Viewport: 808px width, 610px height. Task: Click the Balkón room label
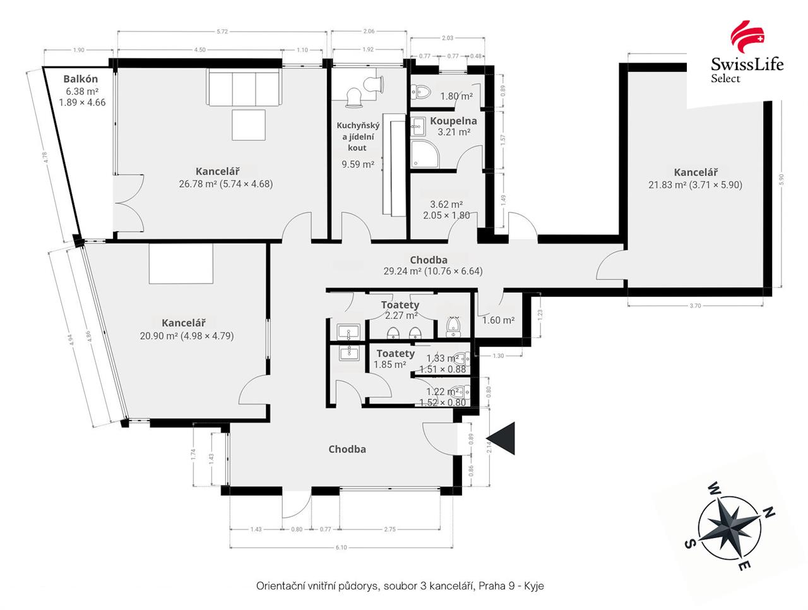click(x=81, y=79)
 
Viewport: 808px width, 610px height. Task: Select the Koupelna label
click(x=453, y=121)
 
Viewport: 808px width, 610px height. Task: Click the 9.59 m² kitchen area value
click(x=358, y=164)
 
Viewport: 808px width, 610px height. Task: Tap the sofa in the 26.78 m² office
click(x=244, y=88)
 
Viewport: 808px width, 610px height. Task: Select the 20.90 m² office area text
click(x=187, y=336)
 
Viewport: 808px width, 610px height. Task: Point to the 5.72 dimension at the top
click(x=222, y=31)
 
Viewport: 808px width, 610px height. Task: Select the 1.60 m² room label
click(x=498, y=320)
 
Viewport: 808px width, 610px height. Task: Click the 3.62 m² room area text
click(x=446, y=205)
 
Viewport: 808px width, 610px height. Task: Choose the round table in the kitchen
click(x=353, y=95)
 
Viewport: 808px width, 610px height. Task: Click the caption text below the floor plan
click(x=400, y=586)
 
